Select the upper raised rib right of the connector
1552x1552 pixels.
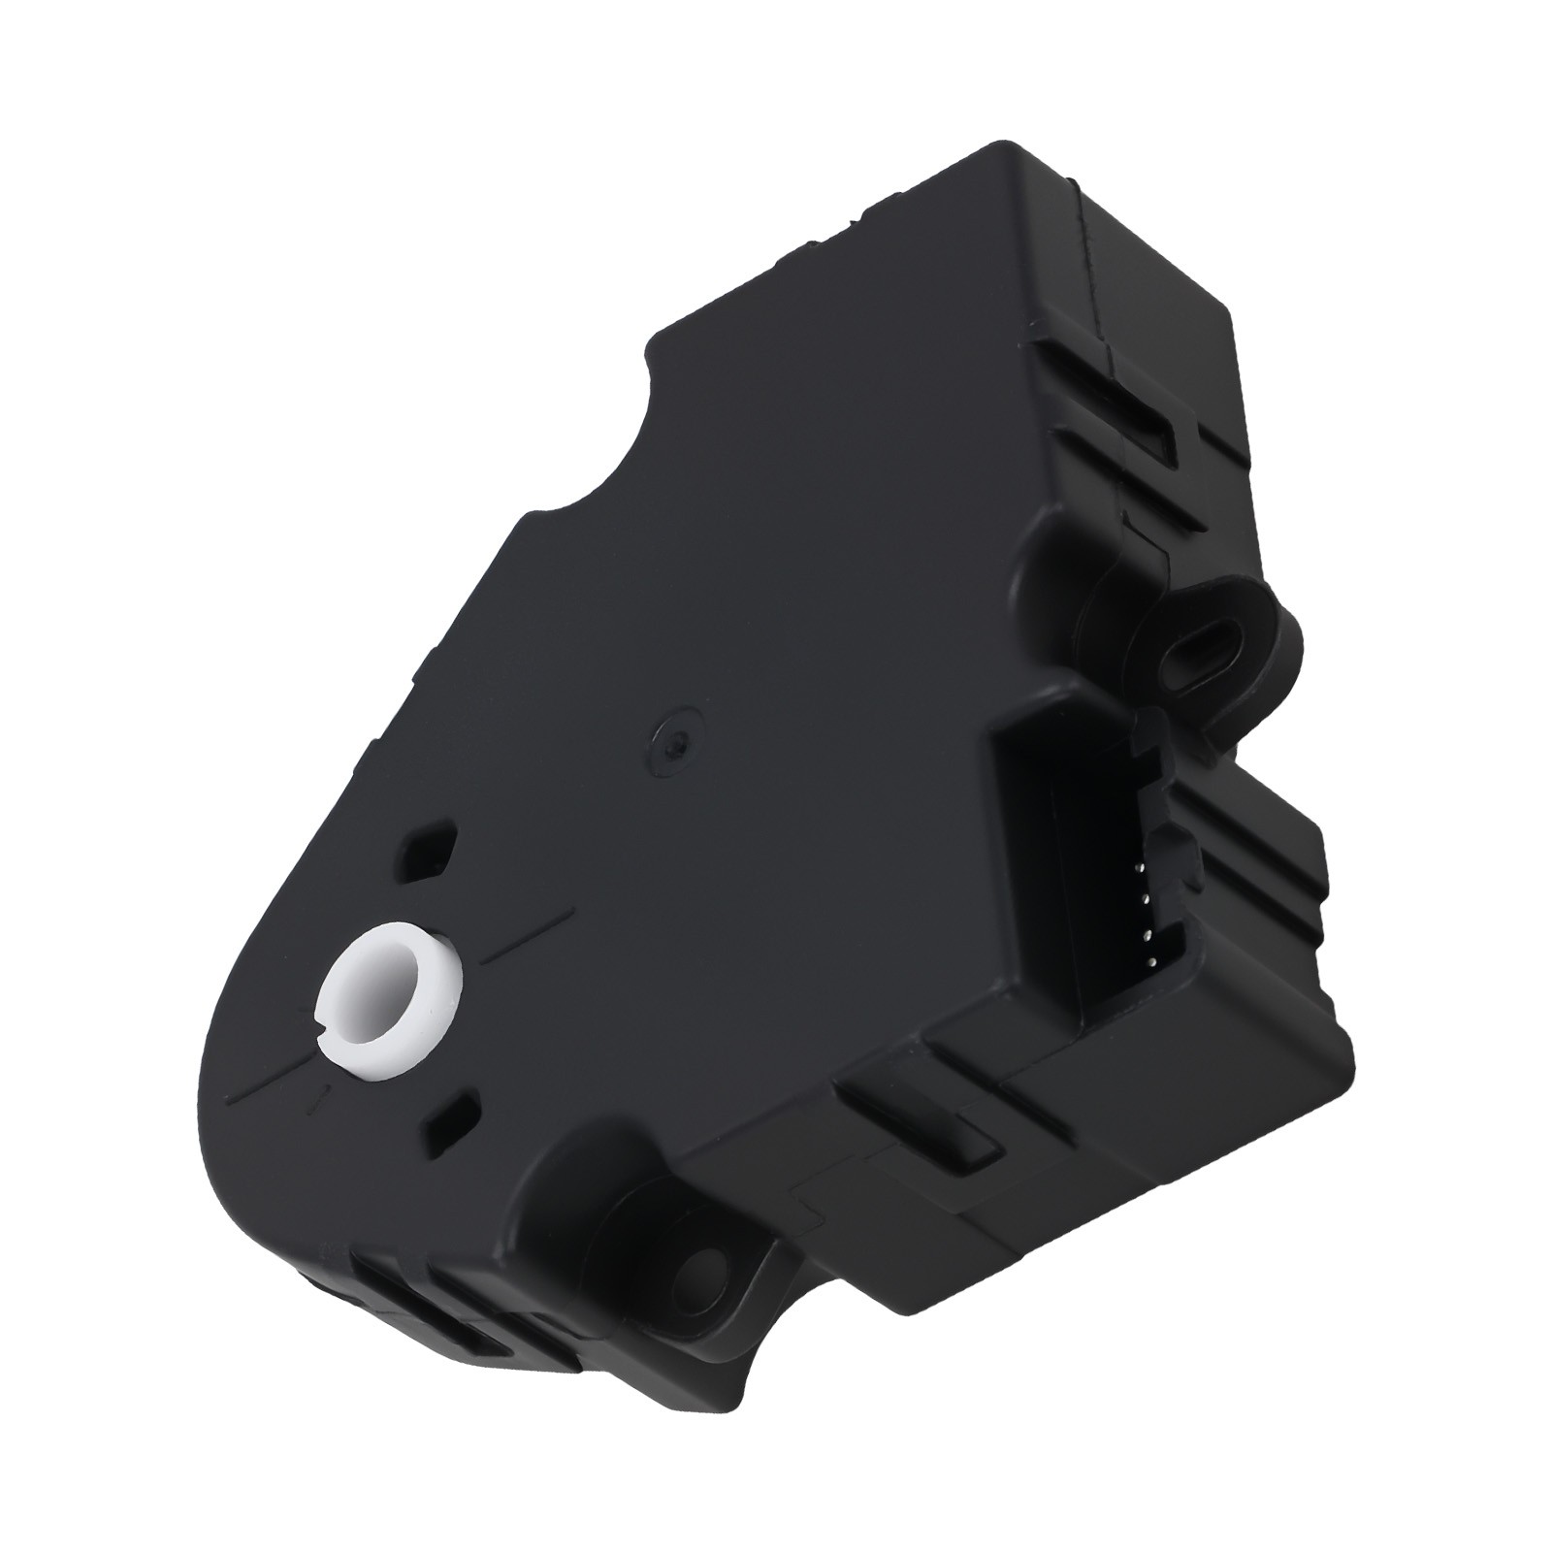coord(1251,834)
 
